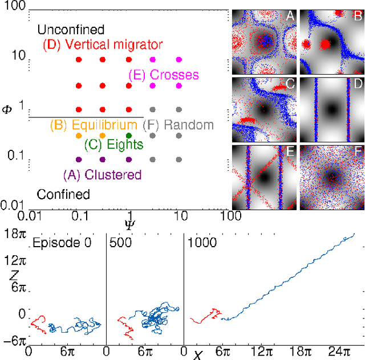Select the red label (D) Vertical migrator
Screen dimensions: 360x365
click(x=103, y=44)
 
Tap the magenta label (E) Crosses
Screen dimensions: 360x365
click(x=164, y=75)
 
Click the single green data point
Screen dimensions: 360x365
click(x=129, y=136)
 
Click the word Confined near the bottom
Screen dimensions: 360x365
click(x=63, y=195)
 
